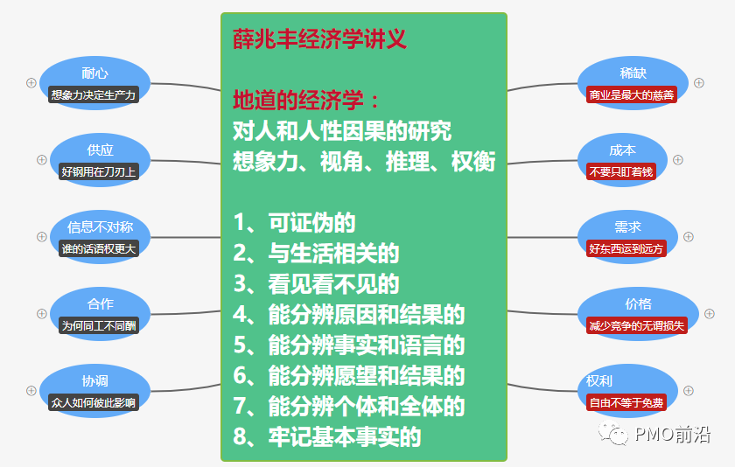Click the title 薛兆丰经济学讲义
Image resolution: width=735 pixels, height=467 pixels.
click(319, 39)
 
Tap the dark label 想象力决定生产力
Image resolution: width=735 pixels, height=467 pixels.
click(94, 94)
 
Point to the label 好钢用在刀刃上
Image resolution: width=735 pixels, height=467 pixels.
click(100, 171)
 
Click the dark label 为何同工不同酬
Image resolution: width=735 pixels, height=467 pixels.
click(100, 324)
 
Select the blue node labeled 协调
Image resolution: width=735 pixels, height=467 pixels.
click(94, 380)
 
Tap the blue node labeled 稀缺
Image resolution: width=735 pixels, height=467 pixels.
click(632, 73)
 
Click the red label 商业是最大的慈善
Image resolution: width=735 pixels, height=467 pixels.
click(632, 94)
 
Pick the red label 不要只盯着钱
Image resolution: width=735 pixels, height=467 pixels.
click(622, 171)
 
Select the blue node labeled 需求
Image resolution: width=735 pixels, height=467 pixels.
click(627, 227)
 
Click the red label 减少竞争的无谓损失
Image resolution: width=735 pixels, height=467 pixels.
click(638, 324)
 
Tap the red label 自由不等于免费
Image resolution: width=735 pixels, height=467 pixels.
click(626, 403)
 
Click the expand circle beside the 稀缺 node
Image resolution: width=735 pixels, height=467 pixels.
click(699, 83)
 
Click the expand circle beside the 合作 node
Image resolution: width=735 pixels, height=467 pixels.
click(41, 313)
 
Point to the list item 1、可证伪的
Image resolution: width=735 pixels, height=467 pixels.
click(294, 222)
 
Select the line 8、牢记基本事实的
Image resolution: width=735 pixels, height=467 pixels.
click(327, 436)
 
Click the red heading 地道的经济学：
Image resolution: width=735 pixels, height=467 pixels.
click(307, 99)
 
